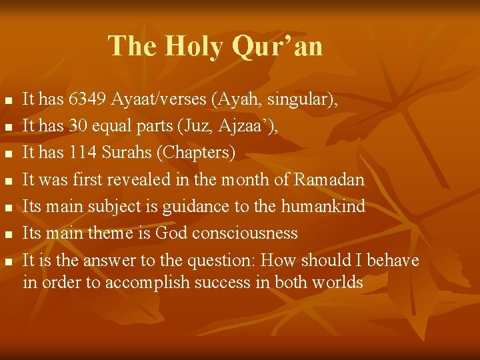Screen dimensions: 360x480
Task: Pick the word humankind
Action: coord(323,207)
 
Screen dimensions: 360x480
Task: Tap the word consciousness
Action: coord(245,233)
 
